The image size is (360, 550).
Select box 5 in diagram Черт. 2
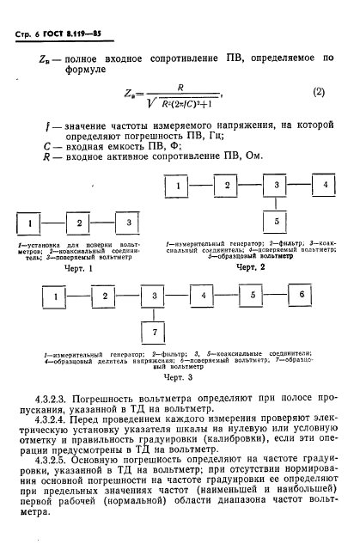[x=276, y=221]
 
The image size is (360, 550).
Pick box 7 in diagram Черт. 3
[x=154, y=332]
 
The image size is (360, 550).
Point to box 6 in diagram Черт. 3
[x=302, y=295]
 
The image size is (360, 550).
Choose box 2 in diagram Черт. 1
[x=79, y=224]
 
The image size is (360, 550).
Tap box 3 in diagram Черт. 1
[x=128, y=223]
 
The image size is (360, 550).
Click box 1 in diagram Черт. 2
[x=177, y=186]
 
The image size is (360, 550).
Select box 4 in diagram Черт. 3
[x=203, y=295]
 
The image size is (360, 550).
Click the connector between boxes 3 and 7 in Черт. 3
[x=154, y=314]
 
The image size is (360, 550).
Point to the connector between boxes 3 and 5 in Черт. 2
[x=276, y=203]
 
